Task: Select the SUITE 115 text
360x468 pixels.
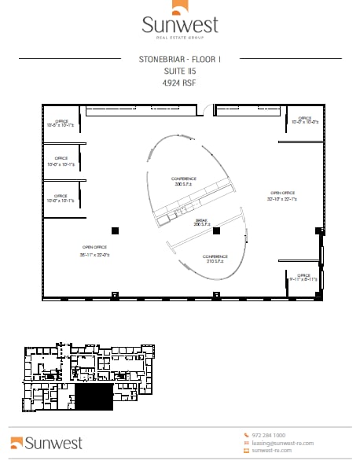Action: [x=179, y=70]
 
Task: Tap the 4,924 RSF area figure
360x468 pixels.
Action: [x=179, y=82]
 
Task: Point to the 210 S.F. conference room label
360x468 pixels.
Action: [x=215, y=259]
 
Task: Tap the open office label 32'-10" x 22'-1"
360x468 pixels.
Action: [x=282, y=196]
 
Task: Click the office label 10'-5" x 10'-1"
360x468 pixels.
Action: [x=61, y=122]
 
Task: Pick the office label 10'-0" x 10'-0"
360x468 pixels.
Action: [x=304, y=120]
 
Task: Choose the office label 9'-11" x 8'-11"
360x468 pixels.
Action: [x=302, y=278]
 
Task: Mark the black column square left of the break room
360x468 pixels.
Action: [x=115, y=230]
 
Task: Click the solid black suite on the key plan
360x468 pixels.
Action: [x=93, y=397]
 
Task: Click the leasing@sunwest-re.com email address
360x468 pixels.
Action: [x=282, y=443]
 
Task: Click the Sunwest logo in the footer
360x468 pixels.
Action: [x=46, y=443]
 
